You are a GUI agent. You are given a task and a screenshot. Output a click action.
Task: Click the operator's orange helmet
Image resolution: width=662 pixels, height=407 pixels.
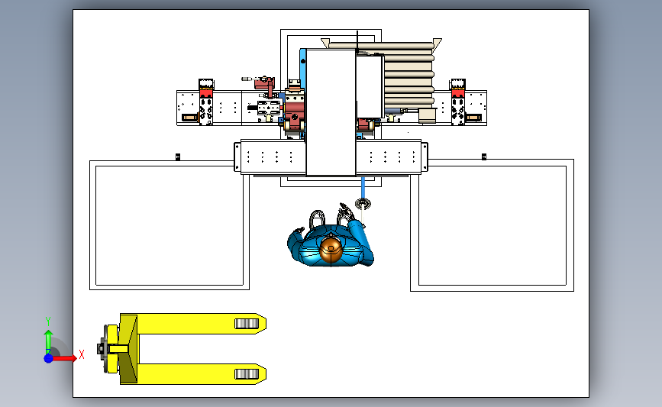pos(331,250)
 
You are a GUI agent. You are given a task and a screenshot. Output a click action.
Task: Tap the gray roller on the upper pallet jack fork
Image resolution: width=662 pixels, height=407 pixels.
pos(247,324)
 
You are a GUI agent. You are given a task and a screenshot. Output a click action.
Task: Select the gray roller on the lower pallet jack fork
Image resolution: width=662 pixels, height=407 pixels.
pos(247,374)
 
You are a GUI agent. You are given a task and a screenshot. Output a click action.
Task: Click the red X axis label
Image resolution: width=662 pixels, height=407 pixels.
pos(82,354)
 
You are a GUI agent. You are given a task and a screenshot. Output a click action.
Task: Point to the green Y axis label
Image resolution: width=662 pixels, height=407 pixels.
pos(48,321)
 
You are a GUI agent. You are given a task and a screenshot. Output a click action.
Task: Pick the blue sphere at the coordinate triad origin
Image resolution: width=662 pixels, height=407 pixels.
pos(49,358)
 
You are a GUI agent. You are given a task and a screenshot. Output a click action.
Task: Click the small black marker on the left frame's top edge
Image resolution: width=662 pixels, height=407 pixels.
pos(178,157)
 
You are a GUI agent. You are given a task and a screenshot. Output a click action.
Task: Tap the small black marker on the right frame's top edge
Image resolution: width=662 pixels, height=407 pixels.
pos(484,157)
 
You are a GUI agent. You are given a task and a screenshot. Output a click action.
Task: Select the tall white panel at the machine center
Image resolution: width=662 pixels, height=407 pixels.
pos(331,112)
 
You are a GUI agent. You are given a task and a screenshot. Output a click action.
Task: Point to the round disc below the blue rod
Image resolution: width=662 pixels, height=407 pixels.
pos(363,204)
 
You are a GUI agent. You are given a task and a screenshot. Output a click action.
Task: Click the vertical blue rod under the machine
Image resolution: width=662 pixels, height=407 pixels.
pos(363,187)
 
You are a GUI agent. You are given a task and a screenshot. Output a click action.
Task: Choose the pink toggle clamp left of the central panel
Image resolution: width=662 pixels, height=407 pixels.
pos(265,86)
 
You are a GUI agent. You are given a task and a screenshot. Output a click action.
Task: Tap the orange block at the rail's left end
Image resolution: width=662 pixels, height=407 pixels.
pos(189,118)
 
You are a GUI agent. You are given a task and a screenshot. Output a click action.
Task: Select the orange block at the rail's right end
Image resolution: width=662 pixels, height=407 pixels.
pos(473,118)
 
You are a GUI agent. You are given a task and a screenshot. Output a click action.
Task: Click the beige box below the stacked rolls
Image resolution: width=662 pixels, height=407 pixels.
pos(427,115)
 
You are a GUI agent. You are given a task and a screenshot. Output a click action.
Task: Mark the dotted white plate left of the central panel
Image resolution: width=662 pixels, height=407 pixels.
pos(270,157)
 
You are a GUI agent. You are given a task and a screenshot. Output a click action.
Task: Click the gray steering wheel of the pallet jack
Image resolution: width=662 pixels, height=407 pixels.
pos(102,349)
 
